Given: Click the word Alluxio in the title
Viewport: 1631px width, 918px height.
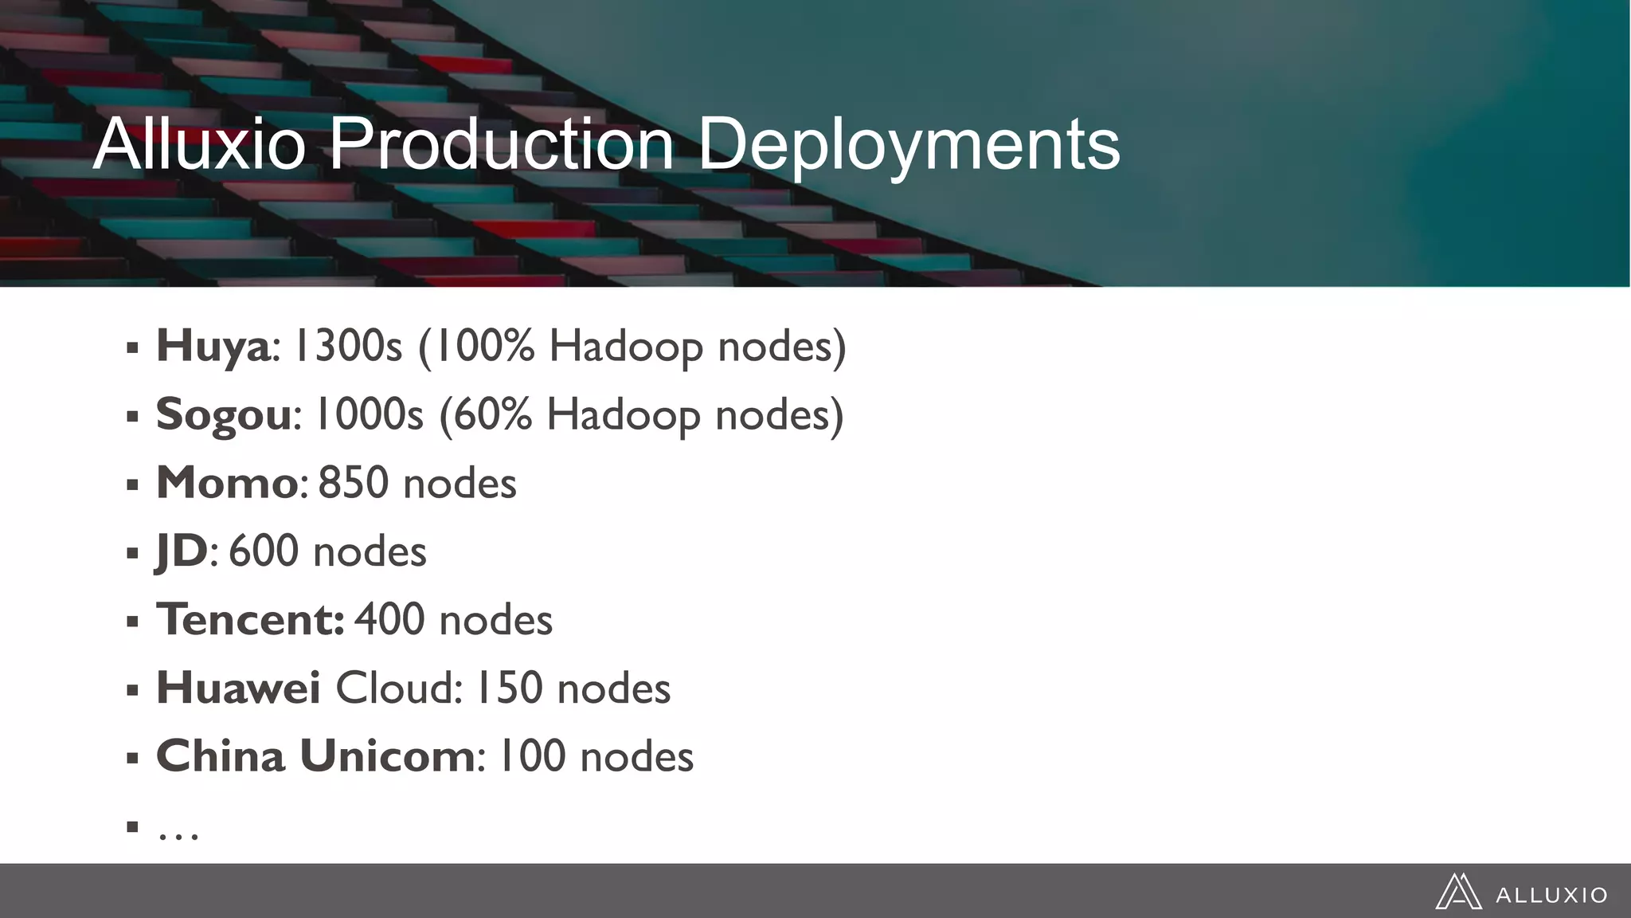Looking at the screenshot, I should click(199, 144).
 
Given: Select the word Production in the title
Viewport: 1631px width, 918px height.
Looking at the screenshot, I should click(501, 144).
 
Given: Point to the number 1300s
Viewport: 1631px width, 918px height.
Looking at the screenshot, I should click(348, 347).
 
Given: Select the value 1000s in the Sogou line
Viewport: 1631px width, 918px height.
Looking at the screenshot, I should click(369, 415).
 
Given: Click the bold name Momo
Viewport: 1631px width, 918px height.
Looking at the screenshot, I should click(227, 483).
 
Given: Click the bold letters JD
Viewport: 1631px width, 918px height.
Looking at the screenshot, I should click(182, 551).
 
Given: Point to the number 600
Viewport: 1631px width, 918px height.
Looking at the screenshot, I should click(263, 551).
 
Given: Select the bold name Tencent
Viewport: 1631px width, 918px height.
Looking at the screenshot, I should click(248, 620).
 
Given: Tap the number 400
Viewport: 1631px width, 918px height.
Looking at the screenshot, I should click(389, 620).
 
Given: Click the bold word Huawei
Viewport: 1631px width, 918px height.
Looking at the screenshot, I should click(238, 688).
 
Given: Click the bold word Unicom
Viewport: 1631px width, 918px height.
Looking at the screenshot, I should click(387, 756).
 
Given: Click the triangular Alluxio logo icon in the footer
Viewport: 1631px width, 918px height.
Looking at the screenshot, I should click(1458, 892).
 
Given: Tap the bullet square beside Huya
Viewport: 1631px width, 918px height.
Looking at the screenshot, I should click(132, 348).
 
